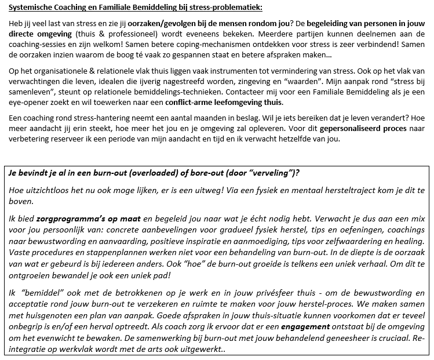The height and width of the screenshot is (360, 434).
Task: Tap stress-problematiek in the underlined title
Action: [221, 7]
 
